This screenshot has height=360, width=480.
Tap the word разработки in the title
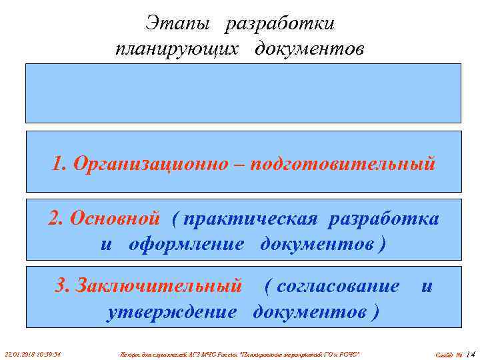coord(280,24)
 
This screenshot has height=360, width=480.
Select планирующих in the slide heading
coord(175,50)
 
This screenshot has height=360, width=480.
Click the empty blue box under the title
coord(243,93)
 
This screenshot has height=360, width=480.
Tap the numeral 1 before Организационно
coord(56,163)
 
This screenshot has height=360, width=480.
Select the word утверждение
coord(171,311)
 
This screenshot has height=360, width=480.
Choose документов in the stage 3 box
coord(311,311)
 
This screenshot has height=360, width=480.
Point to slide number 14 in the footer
coord(471,353)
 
